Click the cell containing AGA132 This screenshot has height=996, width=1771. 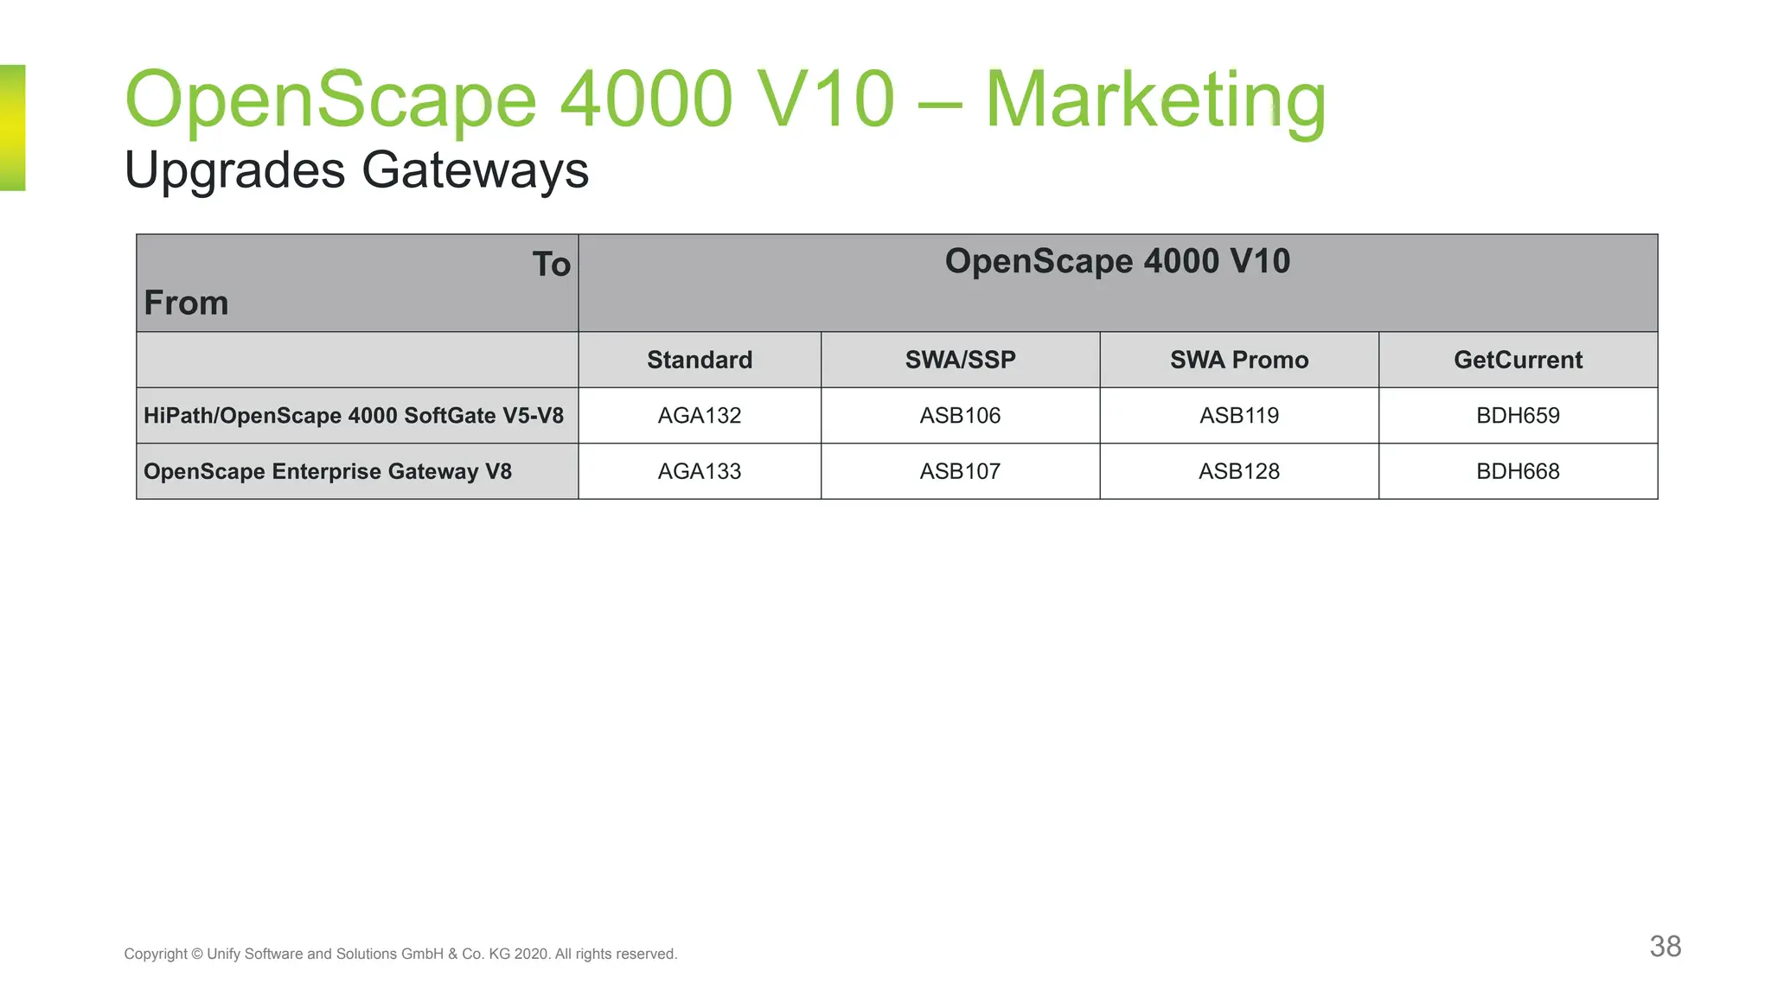point(699,416)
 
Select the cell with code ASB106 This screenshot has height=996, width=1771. point(960,416)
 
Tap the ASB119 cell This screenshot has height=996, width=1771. point(1238,416)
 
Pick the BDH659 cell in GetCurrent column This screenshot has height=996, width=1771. point(1518,416)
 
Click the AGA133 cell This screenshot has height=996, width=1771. point(699,471)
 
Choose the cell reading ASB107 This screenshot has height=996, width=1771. point(960,471)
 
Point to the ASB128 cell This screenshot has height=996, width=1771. point(1238,471)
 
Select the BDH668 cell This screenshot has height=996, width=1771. point(1518,471)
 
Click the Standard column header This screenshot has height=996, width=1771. point(699,360)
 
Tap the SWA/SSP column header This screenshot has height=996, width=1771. point(960,360)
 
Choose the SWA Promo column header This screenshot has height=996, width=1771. point(1238,360)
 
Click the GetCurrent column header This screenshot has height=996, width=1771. point(1518,360)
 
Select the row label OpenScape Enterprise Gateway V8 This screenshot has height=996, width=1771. point(328,471)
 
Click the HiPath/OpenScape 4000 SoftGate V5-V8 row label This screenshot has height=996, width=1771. point(353,416)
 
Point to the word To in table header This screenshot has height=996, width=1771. point(551,265)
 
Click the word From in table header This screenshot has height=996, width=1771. point(186,303)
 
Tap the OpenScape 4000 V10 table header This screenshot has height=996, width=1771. point(1117,261)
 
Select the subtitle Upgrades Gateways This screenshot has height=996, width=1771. point(356,169)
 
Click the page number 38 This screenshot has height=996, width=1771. point(1665,946)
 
